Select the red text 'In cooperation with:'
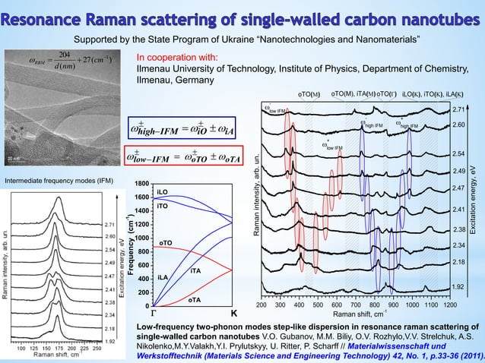point(176,57)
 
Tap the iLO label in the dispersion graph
point(162,192)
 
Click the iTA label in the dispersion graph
point(195,271)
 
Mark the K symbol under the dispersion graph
point(233,313)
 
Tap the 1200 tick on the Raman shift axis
point(450,305)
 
